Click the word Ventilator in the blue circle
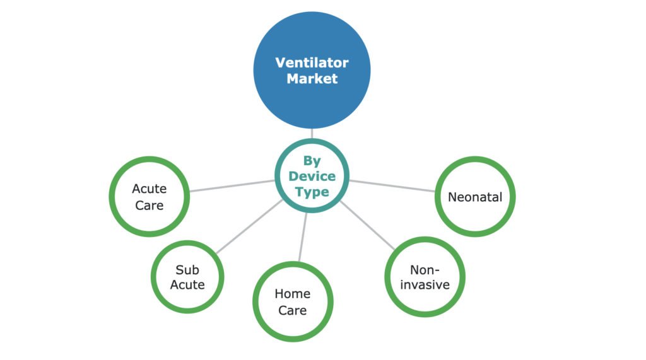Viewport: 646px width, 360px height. pyautogui.click(x=312, y=62)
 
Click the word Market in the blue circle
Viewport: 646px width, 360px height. pyautogui.click(x=312, y=79)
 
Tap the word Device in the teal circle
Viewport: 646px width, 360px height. pyautogui.click(x=312, y=177)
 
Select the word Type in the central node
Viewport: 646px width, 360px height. pyautogui.click(x=312, y=192)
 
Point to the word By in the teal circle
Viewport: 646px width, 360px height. pyautogui.click(x=312, y=161)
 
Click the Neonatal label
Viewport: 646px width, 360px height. pyautogui.click(x=475, y=197)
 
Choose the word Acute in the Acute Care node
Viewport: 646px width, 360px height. pyautogui.click(x=149, y=189)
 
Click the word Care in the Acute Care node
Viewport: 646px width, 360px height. pyautogui.click(x=149, y=205)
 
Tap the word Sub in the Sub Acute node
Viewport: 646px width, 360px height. pyautogui.click(x=187, y=269)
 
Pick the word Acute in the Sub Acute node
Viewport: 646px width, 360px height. pyautogui.click(x=187, y=284)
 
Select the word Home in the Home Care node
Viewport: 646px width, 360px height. pyautogui.click(x=292, y=294)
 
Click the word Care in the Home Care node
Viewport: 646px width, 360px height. pyautogui.click(x=292, y=310)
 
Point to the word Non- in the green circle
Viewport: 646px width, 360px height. pyautogui.click(x=425, y=269)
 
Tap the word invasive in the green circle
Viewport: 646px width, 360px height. pyautogui.click(x=425, y=284)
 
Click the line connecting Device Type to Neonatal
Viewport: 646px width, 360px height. pyautogui.click(x=392, y=185)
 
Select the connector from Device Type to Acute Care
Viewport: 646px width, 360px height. pyautogui.click(x=232, y=185)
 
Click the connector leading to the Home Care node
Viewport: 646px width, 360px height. pyautogui.click(x=302, y=237)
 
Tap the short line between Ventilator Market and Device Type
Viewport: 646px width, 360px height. pyautogui.click(x=312, y=134)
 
